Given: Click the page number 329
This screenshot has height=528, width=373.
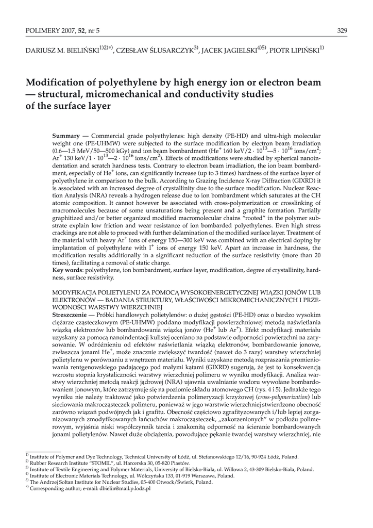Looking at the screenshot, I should (x=342, y=31).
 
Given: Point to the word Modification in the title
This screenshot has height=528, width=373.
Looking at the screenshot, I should (x=56, y=82).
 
